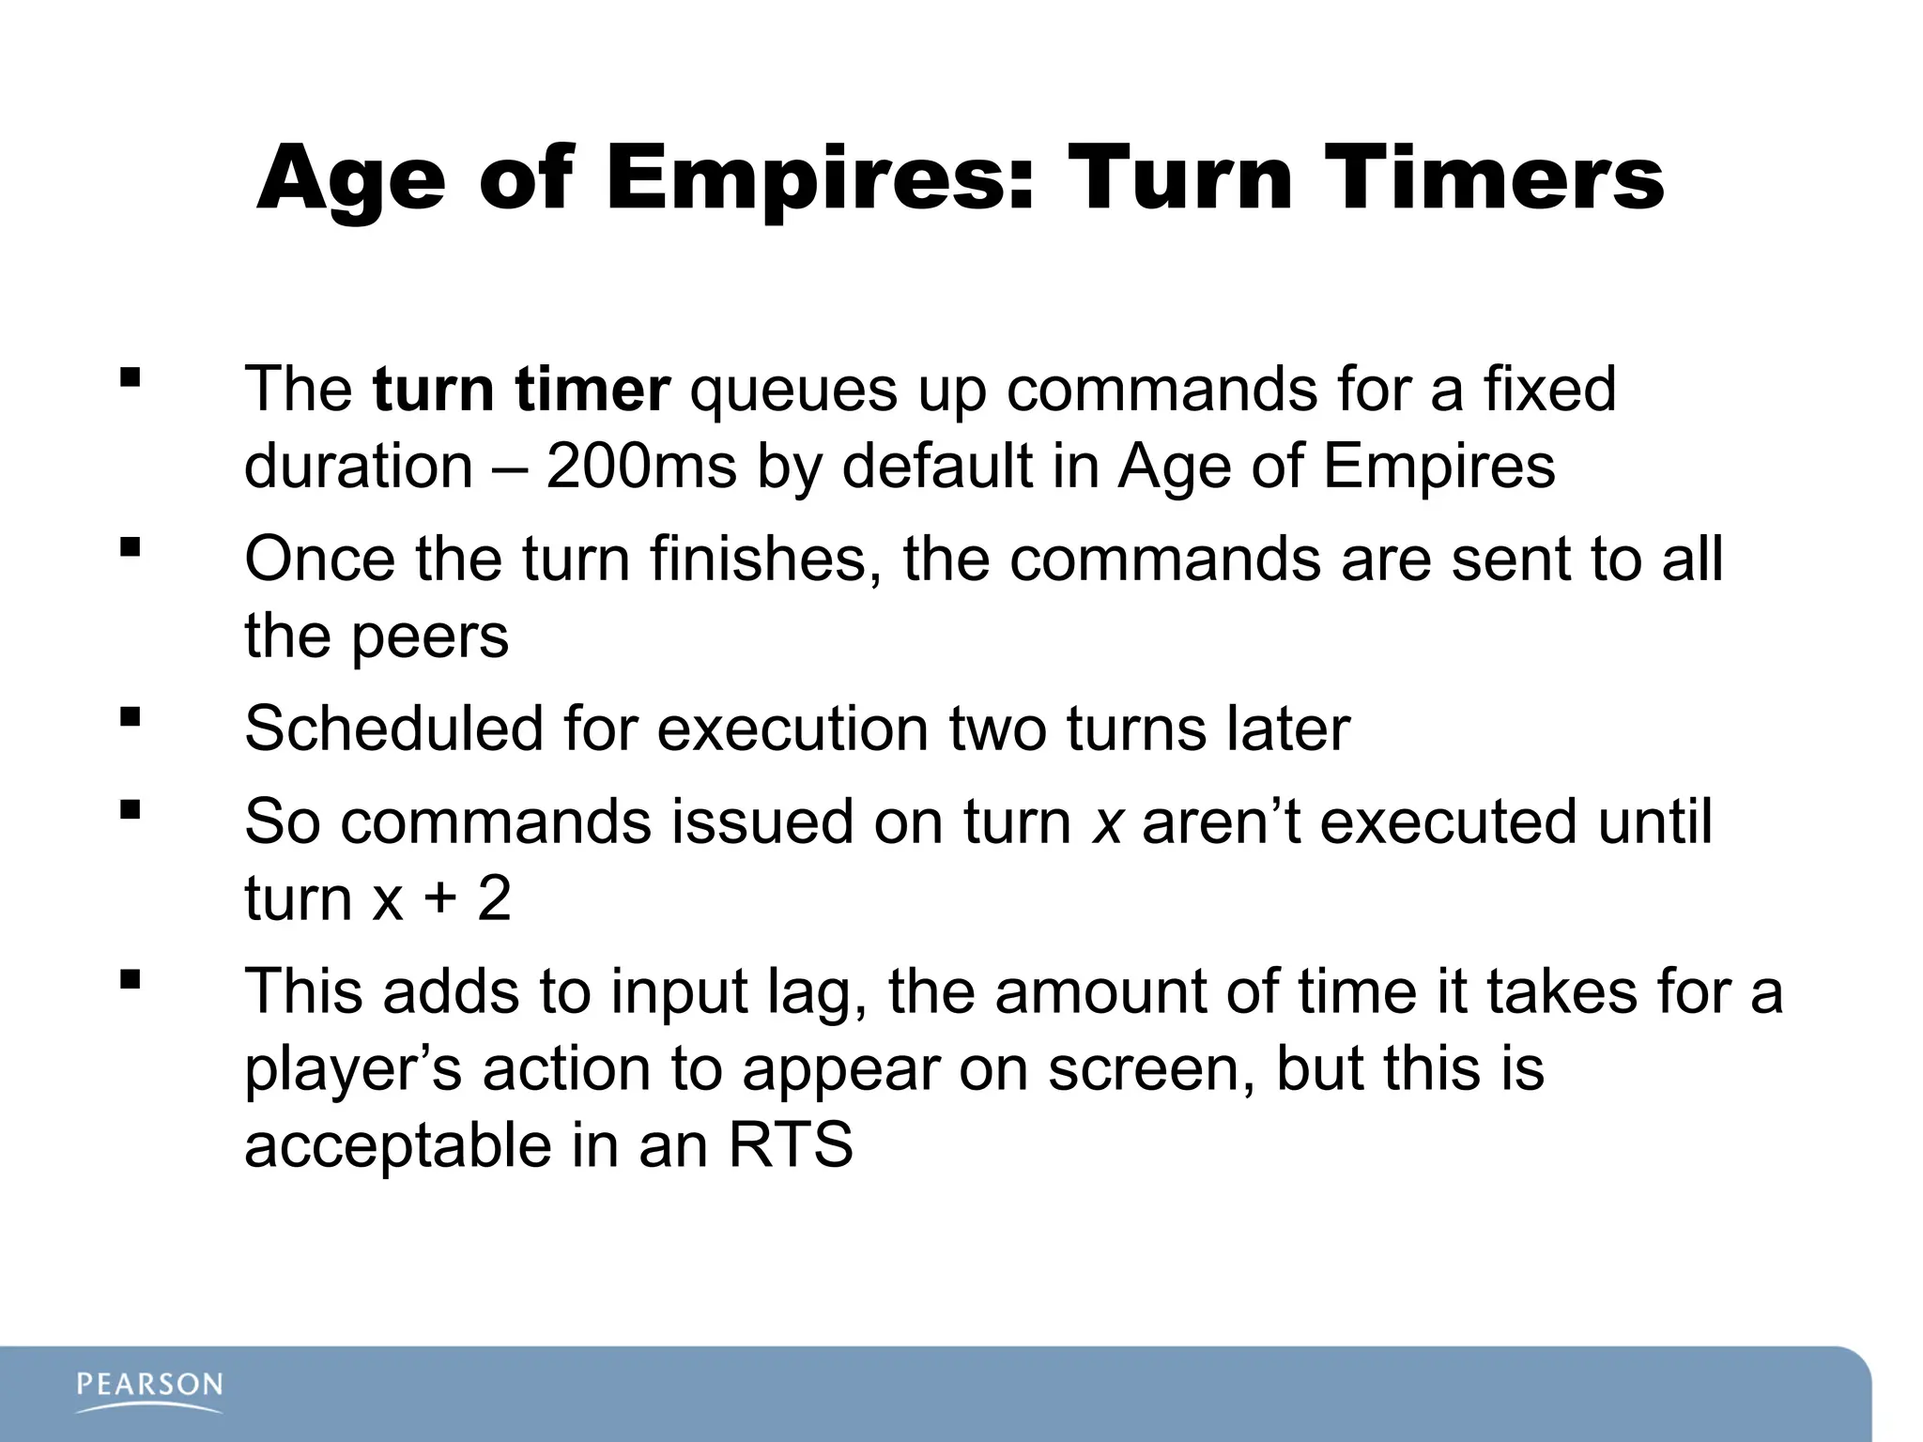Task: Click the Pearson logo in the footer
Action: [149, 1390]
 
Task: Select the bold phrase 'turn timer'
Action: [521, 389]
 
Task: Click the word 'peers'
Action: [429, 636]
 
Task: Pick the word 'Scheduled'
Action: [394, 728]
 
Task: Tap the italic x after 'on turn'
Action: [1108, 822]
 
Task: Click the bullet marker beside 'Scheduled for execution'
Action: [131, 718]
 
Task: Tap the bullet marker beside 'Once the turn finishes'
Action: [131, 547]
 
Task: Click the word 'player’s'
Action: [353, 1069]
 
